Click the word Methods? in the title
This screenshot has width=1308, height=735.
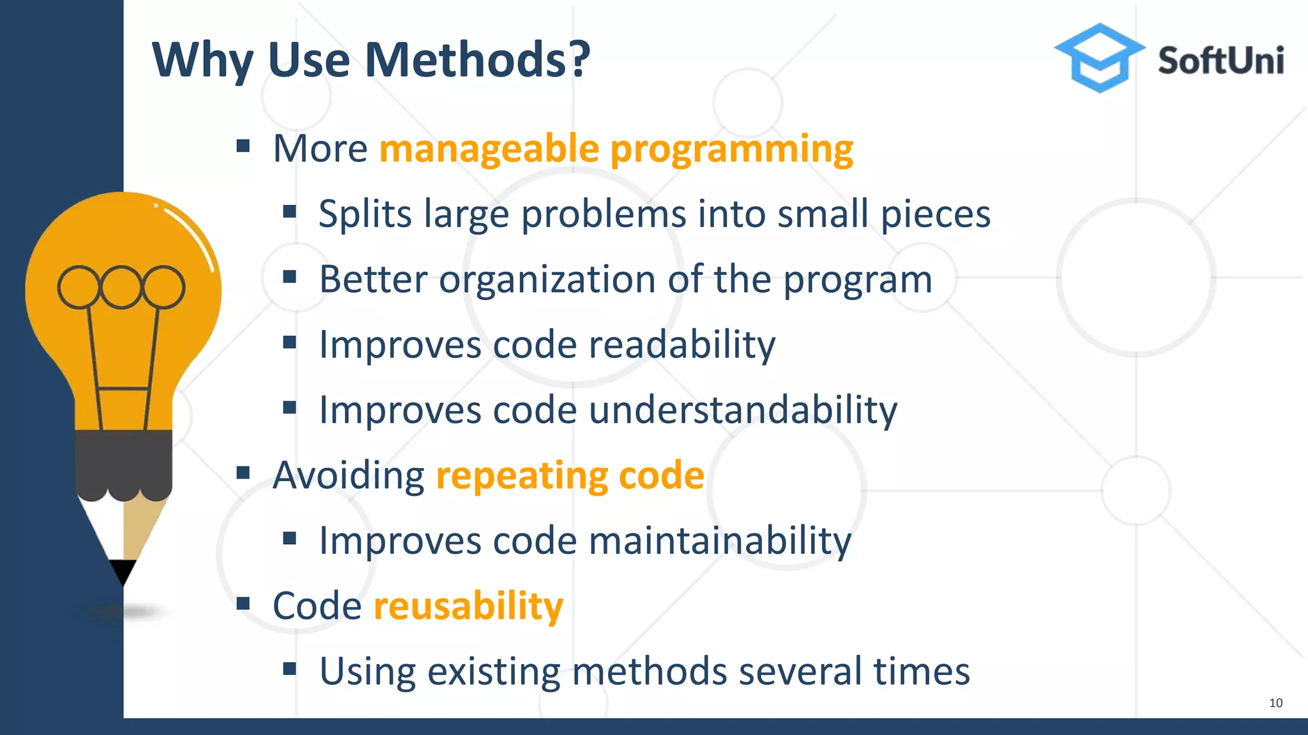point(477,60)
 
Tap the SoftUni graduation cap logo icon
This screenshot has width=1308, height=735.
point(1099,57)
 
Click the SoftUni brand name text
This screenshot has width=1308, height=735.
point(1221,61)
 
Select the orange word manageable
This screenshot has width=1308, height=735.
point(489,149)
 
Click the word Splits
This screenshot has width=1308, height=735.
point(365,214)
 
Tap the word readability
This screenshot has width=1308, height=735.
point(681,345)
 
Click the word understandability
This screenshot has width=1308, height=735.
point(743,410)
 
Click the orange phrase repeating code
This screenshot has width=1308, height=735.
point(570,476)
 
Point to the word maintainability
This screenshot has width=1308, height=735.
point(720,541)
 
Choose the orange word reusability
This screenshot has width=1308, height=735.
point(468,606)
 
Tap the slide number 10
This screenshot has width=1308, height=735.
point(1275,703)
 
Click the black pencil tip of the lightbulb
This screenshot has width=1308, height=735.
point(123,571)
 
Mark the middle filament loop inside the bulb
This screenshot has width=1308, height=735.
point(121,287)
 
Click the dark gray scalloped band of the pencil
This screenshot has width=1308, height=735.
point(123,463)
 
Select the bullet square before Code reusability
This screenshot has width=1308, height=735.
point(243,604)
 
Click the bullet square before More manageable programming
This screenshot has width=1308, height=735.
point(243,147)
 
